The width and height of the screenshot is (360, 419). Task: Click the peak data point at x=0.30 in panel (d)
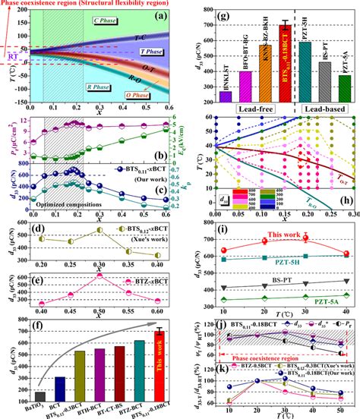point(99,230)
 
